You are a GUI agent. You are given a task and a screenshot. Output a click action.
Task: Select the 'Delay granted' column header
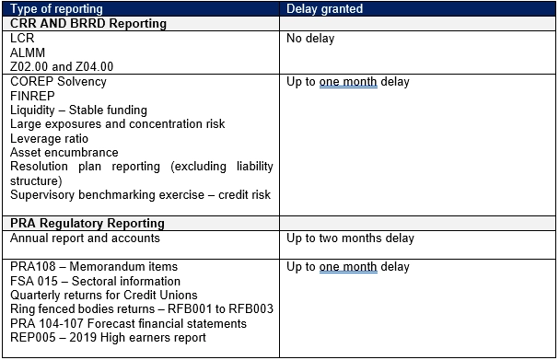[x=324, y=8]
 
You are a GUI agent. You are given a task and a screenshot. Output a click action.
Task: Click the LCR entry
[x=22, y=39]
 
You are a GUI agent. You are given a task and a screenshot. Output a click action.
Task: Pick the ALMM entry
[x=28, y=53]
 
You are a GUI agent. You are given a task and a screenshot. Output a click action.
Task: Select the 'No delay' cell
[x=310, y=39]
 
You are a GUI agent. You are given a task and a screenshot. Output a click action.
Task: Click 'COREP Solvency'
[x=58, y=82]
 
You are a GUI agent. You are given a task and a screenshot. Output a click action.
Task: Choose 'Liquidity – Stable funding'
[x=78, y=110]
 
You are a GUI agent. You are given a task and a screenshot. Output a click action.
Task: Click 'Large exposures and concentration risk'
[x=117, y=124]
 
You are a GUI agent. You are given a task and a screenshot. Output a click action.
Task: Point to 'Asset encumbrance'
[x=64, y=153]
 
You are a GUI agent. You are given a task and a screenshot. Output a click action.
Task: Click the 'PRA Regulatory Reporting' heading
[x=87, y=224]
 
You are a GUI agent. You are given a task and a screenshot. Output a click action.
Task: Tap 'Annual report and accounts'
[x=85, y=238]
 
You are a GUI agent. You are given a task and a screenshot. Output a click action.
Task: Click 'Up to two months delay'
[x=350, y=238]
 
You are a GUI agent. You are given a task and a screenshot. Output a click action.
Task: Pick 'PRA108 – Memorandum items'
[x=94, y=267]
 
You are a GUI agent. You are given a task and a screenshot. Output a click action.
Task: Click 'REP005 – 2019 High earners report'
[x=108, y=337]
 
